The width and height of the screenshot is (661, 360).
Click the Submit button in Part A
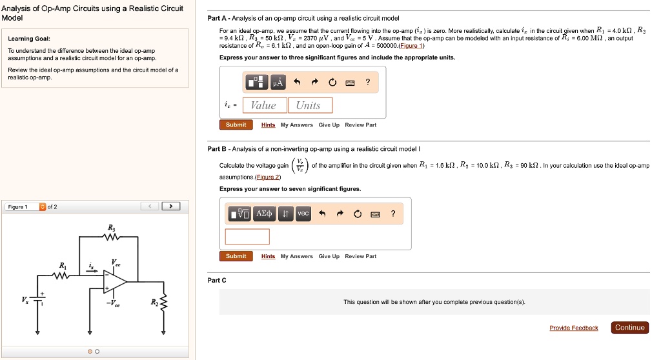tap(236, 125)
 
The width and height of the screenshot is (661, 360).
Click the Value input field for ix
tap(263, 105)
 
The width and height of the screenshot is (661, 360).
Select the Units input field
tap(308, 105)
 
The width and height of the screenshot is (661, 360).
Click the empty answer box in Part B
tap(247, 237)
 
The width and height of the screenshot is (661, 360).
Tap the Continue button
tap(629, 328)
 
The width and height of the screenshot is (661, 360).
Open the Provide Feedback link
tap(573, 328)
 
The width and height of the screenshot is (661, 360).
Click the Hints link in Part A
tap(268, 125)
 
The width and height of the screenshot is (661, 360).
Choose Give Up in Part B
tap(329, 257)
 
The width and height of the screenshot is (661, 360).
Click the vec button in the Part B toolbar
tap(303, 214)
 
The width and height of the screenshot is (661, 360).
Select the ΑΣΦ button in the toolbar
tap(265, 214)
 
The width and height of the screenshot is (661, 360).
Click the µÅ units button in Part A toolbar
tap(278, 82)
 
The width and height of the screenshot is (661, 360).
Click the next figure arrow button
tap(171, 206)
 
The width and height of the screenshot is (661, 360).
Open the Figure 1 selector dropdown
tap(43, 207)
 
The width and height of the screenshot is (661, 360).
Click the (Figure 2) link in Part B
tap(268, 177)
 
